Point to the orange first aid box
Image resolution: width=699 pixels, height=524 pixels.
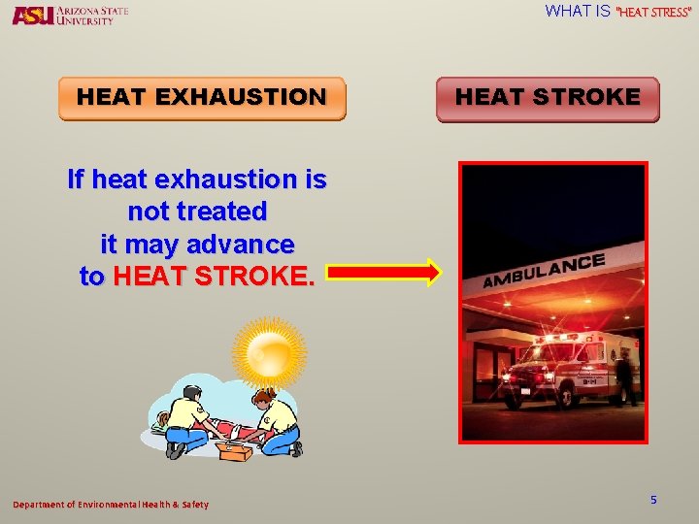pos(234,450)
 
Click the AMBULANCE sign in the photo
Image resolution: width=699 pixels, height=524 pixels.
pos(544,271)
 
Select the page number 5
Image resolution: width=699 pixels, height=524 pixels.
pos(653,500)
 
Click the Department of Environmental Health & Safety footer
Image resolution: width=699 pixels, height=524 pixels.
pos(110,505)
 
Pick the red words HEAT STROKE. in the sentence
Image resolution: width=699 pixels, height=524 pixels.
pos(214,277)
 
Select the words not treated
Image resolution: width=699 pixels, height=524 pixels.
pos(197,212)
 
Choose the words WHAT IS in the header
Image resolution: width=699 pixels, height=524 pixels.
pos(578,12)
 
